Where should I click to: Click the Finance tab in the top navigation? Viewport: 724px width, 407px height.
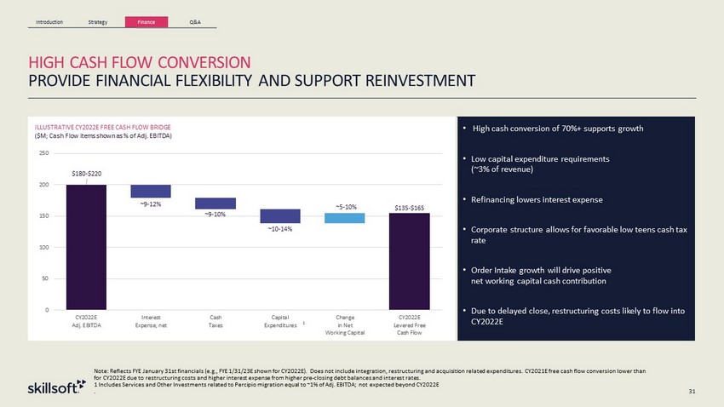coord(146,21)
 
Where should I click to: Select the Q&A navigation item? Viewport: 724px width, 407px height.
coord(193,21)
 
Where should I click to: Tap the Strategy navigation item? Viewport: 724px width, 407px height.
coord(98,21)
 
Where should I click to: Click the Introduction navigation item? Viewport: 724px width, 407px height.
coord(50,21)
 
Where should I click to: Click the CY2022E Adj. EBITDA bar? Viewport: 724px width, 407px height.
coord(86,246)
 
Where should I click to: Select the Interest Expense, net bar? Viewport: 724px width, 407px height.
coord(151,191)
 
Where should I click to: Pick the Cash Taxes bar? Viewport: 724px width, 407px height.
coord(215,203)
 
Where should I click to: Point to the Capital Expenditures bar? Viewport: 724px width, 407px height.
coord(280,216)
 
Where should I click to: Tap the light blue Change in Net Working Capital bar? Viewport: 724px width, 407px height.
coord(345,219)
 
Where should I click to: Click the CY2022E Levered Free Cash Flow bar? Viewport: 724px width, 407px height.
coord(410,261)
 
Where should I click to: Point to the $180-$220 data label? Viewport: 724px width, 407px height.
coord(86,174)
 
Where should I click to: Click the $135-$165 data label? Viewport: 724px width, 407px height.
coord(410,206)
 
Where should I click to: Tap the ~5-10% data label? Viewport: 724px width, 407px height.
coord(345,206)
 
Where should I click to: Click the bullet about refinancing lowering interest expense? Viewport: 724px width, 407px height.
coord(537,200)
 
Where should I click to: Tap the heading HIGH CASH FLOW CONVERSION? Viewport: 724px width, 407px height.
coord(140,63)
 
